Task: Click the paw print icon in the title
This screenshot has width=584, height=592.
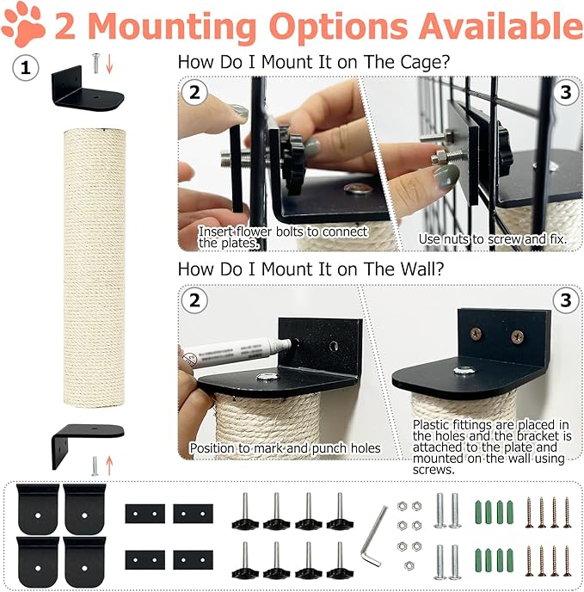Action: coord(23,26)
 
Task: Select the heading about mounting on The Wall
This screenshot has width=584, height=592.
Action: coord(310,268)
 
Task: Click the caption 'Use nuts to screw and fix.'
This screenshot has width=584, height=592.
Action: coord(493,238)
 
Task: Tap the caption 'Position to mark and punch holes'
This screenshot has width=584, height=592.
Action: coord(286,448)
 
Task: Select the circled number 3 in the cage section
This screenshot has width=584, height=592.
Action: coord(564,92)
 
